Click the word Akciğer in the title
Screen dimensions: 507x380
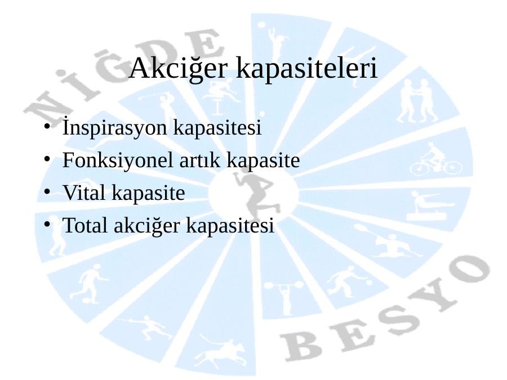pyautogui.click(x=179, y=69)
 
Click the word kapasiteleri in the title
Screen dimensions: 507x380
pyautogui.click(x=306, y=69)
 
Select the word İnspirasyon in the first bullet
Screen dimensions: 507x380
pyautogui.click(x=114, y=127)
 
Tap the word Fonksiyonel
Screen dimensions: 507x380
pyautogui.click(x=118, y=160)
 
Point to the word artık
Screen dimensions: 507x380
pyautogui.click(x=200, y=160)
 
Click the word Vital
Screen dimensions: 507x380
pyautogui.click(x=83, y=193)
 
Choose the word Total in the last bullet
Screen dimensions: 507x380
pyautogui.click(x=84, y=225)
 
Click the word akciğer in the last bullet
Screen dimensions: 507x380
pyautogui.click(x=147, y=226)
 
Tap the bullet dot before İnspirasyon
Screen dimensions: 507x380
pyautogui.click(x=47, y=126)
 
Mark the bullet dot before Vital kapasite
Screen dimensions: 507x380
pyautogui.click(x=47, y=191)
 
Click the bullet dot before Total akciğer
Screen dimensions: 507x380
pyautogui.click(x=47, y=224)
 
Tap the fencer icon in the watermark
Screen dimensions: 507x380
pyautogui.click(x=146, y=327)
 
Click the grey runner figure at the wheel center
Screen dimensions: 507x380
pyautogui.click(x=255, y=194)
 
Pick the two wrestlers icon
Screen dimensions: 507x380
pyautogui.click(x=417, y=100)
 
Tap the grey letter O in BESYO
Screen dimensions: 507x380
pyautogui.click(x=468, y=271)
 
